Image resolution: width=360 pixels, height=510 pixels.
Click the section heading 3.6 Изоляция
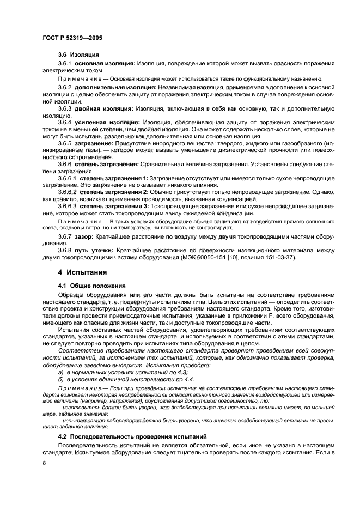(78, 55)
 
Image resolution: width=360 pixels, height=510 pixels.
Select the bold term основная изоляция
(104, 64)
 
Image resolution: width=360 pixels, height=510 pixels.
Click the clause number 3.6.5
(66, 143)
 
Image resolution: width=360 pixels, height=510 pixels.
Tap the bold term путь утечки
(96, 250)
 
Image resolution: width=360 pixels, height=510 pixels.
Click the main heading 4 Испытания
(82, 272)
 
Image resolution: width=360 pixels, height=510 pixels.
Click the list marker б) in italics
(60, 379)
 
